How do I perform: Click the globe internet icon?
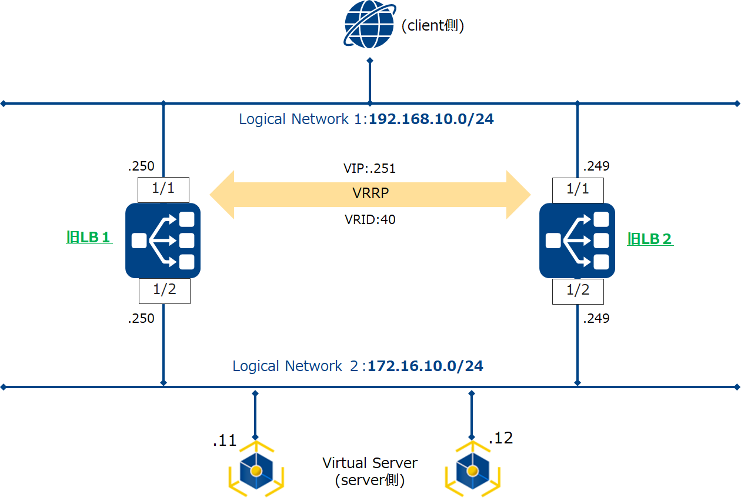pyautogui.click(x=369, y=24)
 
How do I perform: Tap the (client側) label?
pyautogui.click(x=433, y=26)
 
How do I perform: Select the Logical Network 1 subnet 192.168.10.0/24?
pyautogui.click(x=431, y=119)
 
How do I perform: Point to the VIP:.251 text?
pyautogui.click(x=369, y=169)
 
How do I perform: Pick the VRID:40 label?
pyautogui.click(x=370, y=220)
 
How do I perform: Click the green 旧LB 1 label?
pyautogui.click(x=89, y=238)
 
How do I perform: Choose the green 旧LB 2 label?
pyautogui.click(x=650, y=239)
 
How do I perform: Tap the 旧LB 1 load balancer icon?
pyautogui.click(x=163, y=241)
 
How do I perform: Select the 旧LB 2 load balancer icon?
pyautogui.click(x=577, y=241)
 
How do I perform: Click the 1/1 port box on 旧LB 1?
pyautogui.click(x=163, y=189)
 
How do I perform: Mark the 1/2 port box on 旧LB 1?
pyautogui.click(x=164, y=291)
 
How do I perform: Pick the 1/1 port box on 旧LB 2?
pyautogui.click(x=578, y=189)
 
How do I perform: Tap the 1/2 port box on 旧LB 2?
pyautogui.click(x=578, y=291)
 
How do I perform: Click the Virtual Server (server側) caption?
pyautogui.click(x=370, y=471)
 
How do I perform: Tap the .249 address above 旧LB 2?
pyautogui.click(x=596, y=166)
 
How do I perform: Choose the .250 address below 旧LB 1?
pyautogui.click(x=141, y=318)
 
